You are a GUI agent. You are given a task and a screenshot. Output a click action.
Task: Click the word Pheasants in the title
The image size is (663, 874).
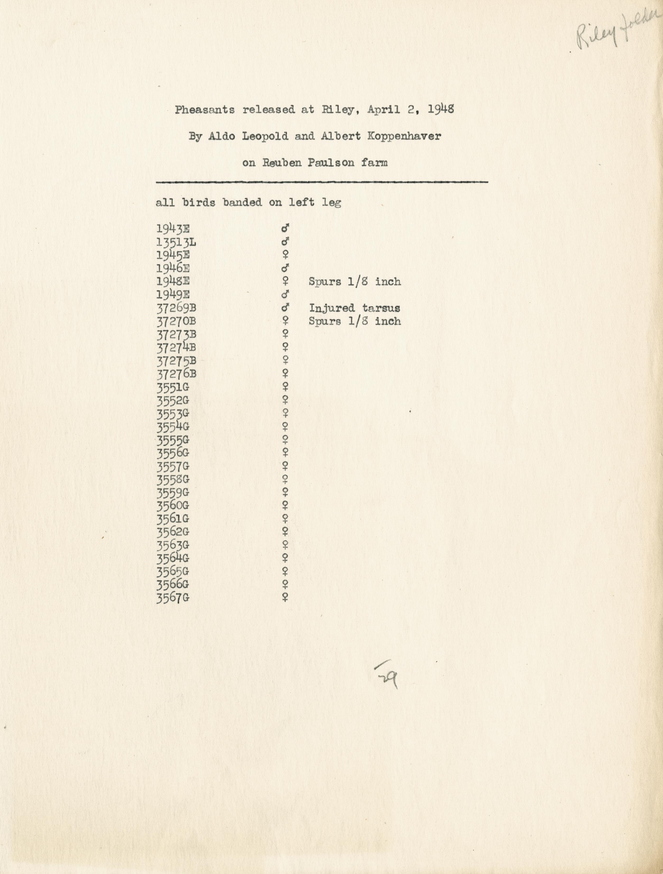tap(205, 110)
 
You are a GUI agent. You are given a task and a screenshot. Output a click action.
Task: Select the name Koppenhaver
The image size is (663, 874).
tap(404, 136)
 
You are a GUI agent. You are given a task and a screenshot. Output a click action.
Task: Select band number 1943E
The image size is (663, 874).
tap(173, 229)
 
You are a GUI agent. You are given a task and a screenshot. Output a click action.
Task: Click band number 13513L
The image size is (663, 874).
tap(176, 242)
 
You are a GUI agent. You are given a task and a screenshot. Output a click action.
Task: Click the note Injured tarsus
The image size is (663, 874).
tap(354, 308)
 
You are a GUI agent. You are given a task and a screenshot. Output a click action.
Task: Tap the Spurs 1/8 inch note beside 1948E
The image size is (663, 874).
tap(354, 282)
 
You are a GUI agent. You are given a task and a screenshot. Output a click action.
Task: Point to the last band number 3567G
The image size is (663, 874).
tap(173, 598)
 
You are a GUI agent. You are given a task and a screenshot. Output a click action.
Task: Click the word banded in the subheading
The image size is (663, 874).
tap(242, 203)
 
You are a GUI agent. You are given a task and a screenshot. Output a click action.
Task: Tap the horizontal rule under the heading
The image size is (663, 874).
tap(322, 182)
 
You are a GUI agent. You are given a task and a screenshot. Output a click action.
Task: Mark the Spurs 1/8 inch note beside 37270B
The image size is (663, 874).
tap(354, 321)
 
